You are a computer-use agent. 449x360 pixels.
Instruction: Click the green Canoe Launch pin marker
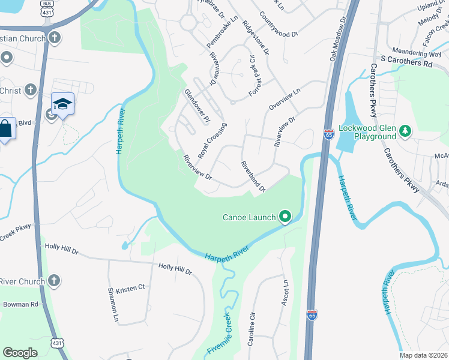tap(285, 217)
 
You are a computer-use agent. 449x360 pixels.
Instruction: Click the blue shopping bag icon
tap(6, 130)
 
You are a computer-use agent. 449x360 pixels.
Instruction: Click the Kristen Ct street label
tap(133, 287)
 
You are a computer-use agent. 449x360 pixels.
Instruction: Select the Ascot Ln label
tap(285, 293)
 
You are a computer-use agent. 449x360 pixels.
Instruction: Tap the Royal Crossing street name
tap(212, 140)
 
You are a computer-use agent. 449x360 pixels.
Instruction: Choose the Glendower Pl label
tap(196, 106)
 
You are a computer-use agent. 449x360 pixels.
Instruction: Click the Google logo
tap(20, 352)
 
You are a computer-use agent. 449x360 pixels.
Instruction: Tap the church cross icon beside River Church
tap(54, 281)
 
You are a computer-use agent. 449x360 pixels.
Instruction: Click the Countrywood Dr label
tap(279, 24)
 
